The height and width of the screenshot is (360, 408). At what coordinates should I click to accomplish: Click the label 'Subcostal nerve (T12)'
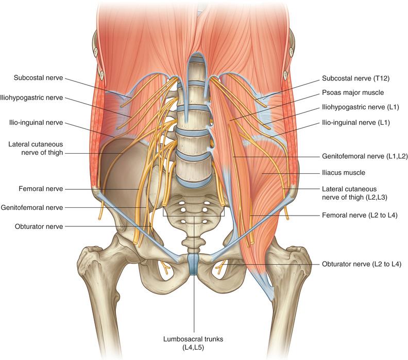(x=355, y=78)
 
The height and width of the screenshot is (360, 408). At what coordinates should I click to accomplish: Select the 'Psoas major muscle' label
(x=353, y=92)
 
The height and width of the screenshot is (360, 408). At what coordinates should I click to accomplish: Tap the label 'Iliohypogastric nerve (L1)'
(x=361, y=107)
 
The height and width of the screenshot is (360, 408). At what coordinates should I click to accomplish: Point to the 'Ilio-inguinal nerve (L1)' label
(x=356, y=122)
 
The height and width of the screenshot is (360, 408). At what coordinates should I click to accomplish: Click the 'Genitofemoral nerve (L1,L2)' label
(x=365, y=156)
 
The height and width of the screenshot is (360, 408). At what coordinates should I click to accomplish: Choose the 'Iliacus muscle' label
(x=344, y=172)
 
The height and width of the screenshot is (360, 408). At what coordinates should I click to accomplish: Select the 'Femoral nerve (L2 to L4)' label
(x=360, y=215)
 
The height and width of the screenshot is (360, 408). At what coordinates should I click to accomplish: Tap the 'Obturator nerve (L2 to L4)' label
(x=362, y=264)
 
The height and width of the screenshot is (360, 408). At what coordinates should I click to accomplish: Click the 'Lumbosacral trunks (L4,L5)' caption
(x=193, y=343)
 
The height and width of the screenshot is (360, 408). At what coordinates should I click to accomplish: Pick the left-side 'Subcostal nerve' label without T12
(x=38, y=78)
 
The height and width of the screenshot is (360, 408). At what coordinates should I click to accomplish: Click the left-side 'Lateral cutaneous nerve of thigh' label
(x=36, y=148)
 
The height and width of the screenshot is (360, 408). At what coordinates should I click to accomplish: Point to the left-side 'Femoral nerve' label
(x=41, y=189)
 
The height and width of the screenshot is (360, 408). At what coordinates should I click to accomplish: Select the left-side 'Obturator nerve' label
(x=39, y=226)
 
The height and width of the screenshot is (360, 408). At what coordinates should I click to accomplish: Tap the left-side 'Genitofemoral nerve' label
(x=32, y=208)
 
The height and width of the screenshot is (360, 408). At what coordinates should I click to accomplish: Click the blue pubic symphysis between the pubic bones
(x=193, y=265)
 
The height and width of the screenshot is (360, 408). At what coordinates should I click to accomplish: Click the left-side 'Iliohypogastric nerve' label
(x=31, y=97)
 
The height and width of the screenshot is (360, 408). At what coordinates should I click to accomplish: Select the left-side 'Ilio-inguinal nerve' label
(x=36, y=122)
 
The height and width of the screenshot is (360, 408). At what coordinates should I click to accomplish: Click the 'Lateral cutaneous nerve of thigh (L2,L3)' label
(x=354, y=193)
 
